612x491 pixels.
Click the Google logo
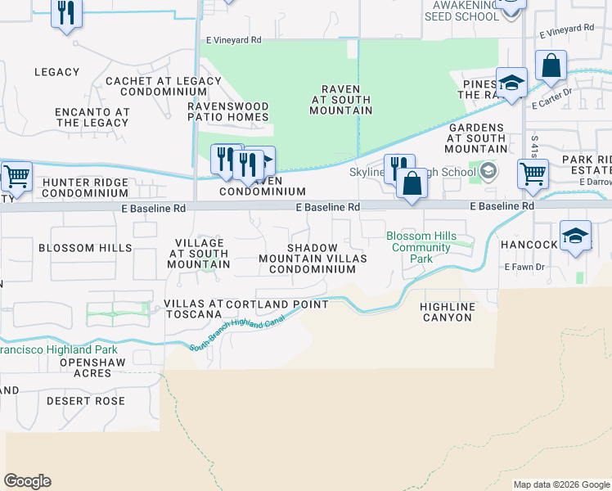28,481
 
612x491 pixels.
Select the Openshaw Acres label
79,367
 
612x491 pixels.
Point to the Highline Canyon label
447,312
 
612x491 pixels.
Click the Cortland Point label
277,304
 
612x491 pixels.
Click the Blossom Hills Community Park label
421,247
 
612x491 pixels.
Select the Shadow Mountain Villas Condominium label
313,258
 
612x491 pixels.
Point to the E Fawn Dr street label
524,267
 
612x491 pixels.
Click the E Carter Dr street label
550,105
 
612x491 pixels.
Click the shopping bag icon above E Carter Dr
551,66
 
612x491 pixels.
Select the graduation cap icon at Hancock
575,236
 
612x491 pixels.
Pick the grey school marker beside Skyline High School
488,170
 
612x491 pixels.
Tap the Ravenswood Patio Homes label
228,111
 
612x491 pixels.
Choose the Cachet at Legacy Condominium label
155,86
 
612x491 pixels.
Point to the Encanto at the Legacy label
92,117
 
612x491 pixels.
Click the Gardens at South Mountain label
476,138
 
